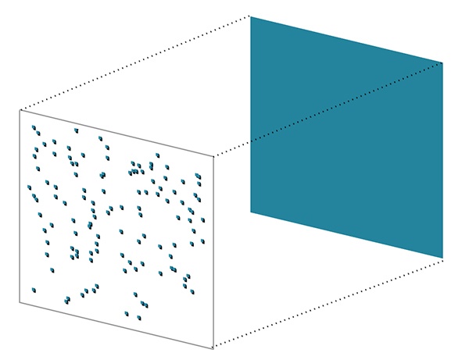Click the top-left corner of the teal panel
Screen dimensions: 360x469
tap(251, 16)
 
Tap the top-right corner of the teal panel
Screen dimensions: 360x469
tap(442, 62)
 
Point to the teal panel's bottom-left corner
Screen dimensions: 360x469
tap(251, 212)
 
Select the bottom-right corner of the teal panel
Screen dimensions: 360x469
tap(442, 257)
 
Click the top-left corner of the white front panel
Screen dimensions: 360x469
tap(20, 109)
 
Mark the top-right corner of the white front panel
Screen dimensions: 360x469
tap(213, 155)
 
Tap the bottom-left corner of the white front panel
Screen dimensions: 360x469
tap(20, 302)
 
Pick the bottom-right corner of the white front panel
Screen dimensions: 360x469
tap(213, 348)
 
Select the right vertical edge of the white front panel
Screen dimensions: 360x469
tap(213, 250)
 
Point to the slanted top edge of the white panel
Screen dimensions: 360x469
tap(117, 132)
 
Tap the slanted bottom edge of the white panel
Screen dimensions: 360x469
tap(117, 325)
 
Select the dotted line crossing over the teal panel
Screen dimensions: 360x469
tap(344, 102)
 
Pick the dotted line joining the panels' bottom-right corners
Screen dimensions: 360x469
tap(328, 302)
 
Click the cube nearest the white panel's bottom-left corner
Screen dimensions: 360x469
tap(34, 290)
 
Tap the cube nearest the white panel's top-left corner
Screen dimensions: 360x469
tap(34, 127)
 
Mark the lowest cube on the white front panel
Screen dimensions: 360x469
tap(127, 314)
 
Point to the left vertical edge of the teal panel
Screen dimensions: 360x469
tap(251, 117)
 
